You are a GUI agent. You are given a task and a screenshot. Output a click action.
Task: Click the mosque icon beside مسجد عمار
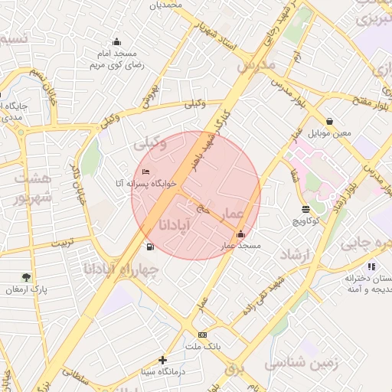pyautogui.click(x=241, y=234)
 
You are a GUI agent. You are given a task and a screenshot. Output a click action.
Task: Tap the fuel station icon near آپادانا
pyautogui.click(x=149, y=247)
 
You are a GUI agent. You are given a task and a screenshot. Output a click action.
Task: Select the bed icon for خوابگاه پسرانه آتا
pyautogui.click(x=146, y=171)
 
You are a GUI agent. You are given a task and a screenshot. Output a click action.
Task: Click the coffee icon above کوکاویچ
pyautogui.click(x=306, y=209)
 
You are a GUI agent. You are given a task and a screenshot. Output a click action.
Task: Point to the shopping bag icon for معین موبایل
pyautogui.click(x=329, y=121)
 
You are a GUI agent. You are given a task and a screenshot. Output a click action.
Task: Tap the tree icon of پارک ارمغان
pyautogui.click(x=27, y=277)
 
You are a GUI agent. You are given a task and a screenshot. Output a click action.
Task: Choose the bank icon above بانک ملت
pyautogui.click(x=202, y=335)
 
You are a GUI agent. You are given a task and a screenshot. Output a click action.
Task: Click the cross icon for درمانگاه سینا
pyautogui.click(x=162, y=360)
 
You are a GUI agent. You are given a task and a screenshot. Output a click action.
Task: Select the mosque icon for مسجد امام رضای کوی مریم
pyautogui.click(x=116, y=41)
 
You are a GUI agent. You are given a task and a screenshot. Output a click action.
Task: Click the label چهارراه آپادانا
pyautogui.click(x=122, y=269)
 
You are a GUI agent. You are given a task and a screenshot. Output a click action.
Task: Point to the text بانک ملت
pyautogui.click(x=202, y=347)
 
